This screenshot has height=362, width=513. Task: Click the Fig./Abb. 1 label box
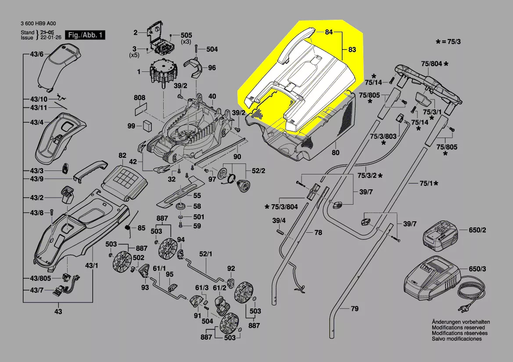(85, 35)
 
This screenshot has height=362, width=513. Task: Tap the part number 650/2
(477, 230)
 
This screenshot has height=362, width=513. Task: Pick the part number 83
(352, 50)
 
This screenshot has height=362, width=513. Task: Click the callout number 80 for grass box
(336, 153)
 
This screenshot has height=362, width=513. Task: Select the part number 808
(140, 97)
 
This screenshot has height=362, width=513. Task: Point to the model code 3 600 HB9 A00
(39, 24)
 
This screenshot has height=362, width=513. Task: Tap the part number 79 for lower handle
(354, 309)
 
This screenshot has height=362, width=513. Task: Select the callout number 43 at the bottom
(58, 312)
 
